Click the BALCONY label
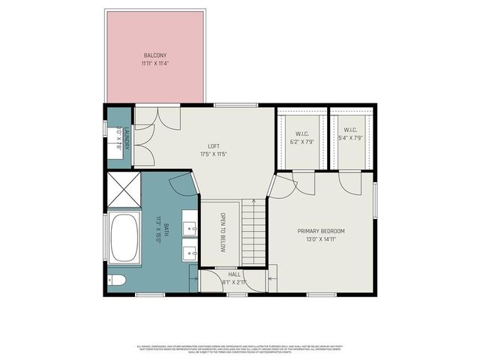(154, 55)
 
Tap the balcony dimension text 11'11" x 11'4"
(154, 64)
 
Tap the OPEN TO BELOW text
(223, 232)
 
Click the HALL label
(234, 274)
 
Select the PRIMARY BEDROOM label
(321, 231)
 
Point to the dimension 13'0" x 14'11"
(321, 239)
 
